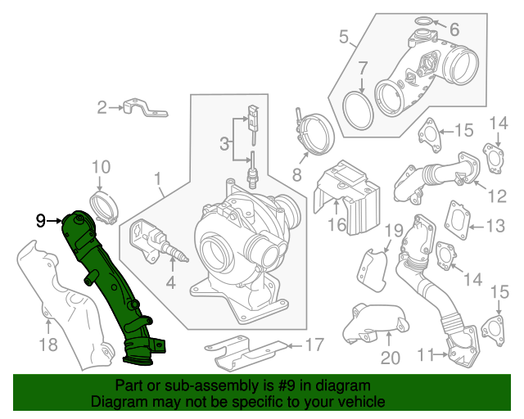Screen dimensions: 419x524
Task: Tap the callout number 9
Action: (x=41, y=220)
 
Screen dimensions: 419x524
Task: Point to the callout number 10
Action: (x=100, y=168)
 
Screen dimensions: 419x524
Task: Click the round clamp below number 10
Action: (x=104, y=206)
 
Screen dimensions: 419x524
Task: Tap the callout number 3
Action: (x=224, y=145)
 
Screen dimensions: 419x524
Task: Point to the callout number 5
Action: (x=345, y=36)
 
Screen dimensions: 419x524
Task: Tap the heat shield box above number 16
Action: (x=348, y=186)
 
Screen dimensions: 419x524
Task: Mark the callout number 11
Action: (x=424, y=355)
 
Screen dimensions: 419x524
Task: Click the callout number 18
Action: (x=48, y=345)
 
